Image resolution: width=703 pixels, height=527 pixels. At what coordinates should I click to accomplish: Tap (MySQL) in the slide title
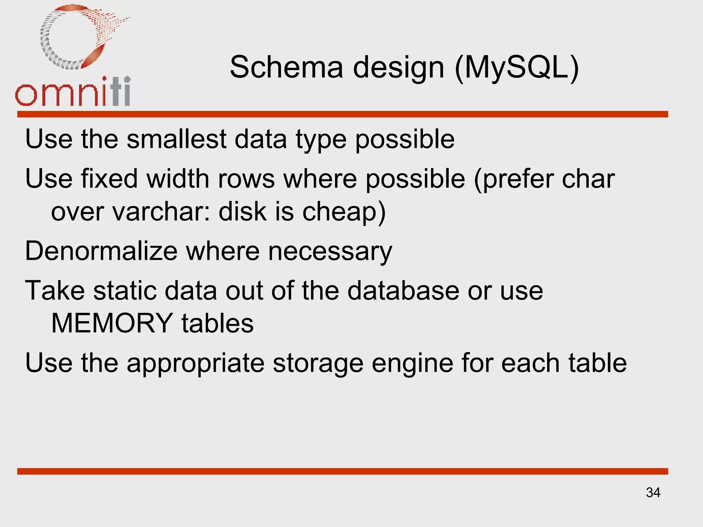(x=517, y=68)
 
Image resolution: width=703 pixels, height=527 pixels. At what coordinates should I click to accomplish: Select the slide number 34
(x=653, y=493)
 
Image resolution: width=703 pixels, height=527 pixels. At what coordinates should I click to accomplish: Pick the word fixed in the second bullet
(x=110, y=179)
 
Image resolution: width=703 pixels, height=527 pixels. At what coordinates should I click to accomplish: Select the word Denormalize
(x=101, y=251)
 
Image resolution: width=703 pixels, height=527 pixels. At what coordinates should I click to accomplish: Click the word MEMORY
(x=112, y=323)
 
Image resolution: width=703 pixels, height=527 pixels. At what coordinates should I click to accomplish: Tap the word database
(x=403, y=291)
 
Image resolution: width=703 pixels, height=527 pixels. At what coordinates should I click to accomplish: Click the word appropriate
(x=196, y=364)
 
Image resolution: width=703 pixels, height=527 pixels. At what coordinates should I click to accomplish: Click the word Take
(x=55, y=291)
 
